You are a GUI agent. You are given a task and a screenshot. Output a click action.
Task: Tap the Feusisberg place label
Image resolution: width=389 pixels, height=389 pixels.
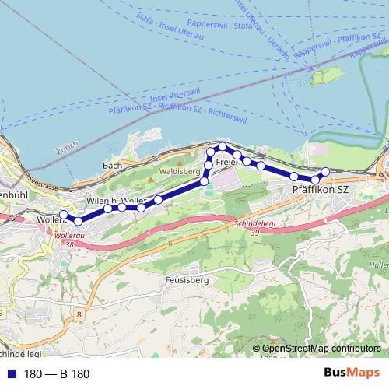[188, 279]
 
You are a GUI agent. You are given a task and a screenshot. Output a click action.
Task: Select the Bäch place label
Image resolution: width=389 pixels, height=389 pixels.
[112, 166]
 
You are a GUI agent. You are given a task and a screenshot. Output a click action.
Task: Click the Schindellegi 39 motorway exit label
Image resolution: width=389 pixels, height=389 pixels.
[255, 226]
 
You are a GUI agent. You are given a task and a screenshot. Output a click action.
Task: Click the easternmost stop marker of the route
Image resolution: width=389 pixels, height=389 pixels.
[325, 172]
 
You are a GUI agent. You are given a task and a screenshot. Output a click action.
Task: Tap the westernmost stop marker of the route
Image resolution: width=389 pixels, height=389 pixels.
[64, 216]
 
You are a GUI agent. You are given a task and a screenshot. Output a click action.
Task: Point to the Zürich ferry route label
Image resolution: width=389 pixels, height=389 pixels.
[68, 145]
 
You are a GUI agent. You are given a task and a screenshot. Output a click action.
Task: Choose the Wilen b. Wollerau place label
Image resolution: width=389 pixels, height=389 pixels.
[115, 202]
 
